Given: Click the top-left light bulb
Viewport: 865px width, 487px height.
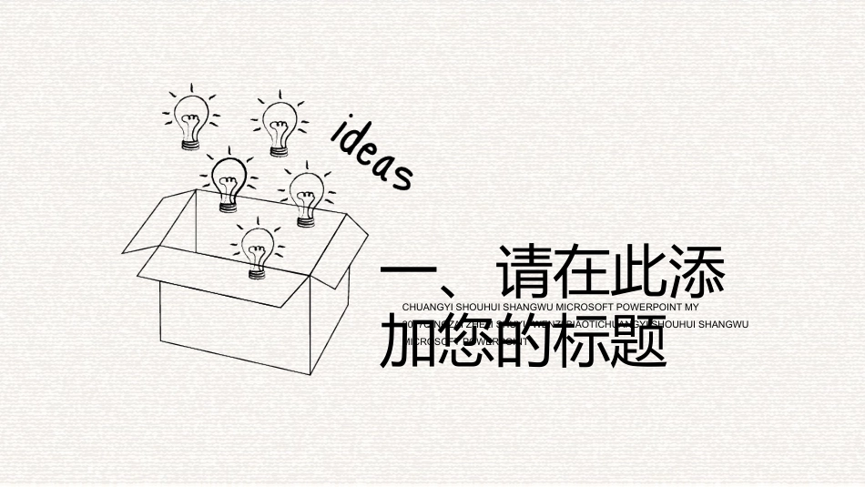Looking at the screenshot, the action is click(192, 116).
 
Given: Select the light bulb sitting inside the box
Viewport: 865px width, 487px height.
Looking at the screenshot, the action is click(257, 247).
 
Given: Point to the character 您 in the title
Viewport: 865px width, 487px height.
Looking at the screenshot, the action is click(463, 343).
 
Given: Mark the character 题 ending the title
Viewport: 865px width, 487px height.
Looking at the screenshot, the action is click(629, 343).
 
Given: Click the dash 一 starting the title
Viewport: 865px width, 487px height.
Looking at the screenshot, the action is click(407, 274).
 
